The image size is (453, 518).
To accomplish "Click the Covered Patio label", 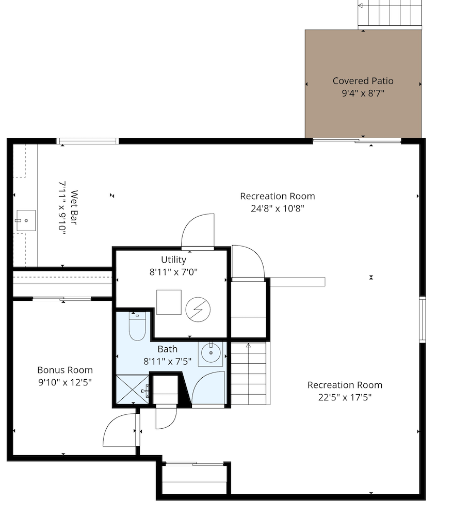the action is click(363, 81).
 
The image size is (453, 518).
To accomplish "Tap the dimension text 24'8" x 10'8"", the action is click(278, 208).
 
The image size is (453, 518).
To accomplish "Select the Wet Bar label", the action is click(74, 207).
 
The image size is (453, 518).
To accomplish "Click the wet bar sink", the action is click(26, 220).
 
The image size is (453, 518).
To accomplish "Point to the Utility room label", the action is click(173, 260).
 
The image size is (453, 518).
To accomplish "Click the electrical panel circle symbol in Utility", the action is click(198, 310).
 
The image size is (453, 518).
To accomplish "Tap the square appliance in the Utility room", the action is click(169, 302).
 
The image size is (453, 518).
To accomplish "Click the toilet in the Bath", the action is click(137, 326).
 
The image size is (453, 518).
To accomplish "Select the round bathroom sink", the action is click(211, 352).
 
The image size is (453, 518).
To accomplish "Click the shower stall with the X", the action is click(133, 389).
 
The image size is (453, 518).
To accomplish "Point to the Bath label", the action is click(168, 349).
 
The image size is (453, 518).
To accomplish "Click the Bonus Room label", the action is click(65, 370).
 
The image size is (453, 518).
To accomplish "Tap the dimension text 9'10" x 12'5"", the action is click(65, 382).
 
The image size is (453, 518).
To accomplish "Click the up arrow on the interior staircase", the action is click(249, 346).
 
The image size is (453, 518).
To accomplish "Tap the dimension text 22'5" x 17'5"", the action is click(345, 397).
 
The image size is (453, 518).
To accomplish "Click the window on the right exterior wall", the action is click(422, 319).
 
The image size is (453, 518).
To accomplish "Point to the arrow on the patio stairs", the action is click(361, 6).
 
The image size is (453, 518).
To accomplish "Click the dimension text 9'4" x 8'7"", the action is click(363, 93).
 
